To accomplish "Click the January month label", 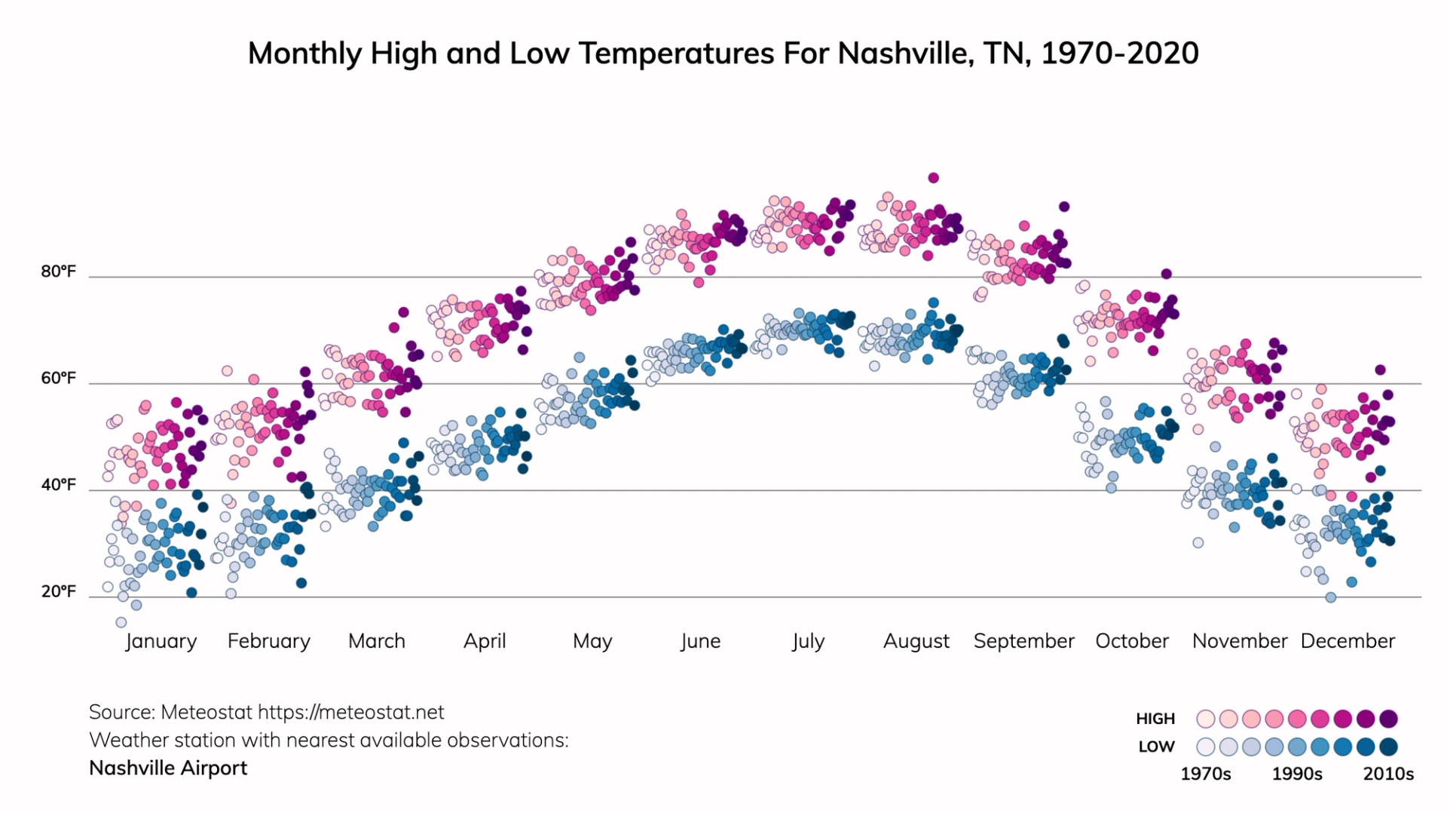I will click(161, 641).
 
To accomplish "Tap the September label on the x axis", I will click(1023, 641).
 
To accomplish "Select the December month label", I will click(1348, 641).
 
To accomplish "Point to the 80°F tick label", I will click(59, 272).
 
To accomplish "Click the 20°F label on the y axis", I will click(59, 591).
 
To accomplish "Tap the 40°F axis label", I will click(59, 485).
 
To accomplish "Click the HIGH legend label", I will click(1155, 719).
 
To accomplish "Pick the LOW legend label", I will click(1156, 747).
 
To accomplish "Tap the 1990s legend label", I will click(1297, 774).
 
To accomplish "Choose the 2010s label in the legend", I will click(1388, 774).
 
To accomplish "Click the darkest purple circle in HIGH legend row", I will click(1388, 719).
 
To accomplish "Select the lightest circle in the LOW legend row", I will click(1206, 747).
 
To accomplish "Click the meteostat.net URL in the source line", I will click(351, 712).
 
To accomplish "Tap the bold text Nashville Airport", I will click(168, 768).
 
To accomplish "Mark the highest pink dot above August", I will click(933, 178).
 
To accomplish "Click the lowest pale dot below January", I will click(121, 622).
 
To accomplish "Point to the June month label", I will click(700, 641).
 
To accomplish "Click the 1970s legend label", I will click(1205, 774).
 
